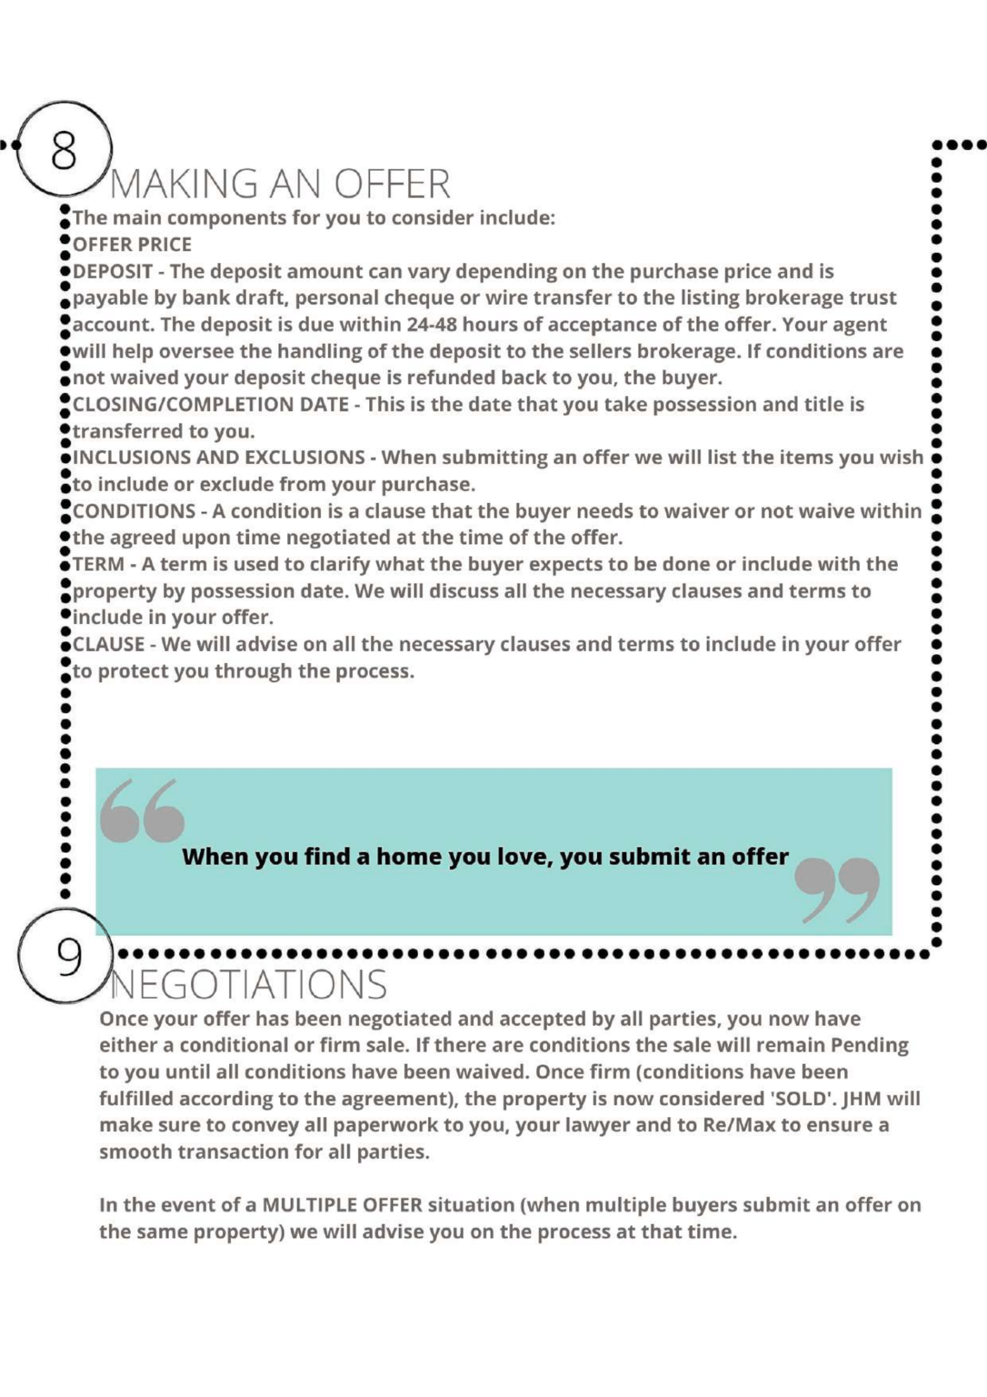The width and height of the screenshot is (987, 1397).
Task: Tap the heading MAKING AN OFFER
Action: click(x=280, y=185)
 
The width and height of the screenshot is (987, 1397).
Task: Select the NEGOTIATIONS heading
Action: click(x=248, y=985)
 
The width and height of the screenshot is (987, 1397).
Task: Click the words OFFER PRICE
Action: click(x=132, y=244)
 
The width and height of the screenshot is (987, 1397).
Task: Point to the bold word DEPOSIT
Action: click(x=112, y=272)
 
